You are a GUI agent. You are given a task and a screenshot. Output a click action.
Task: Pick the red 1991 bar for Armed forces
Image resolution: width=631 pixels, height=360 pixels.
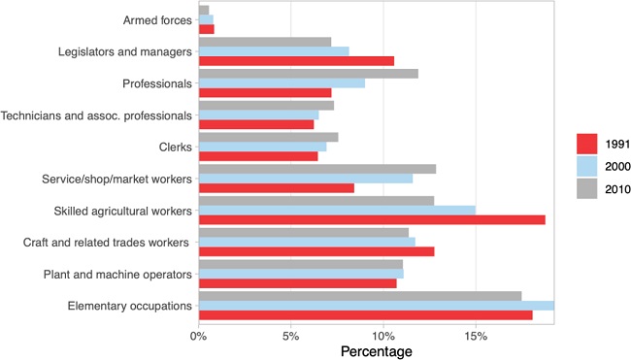click(x=206, y=29)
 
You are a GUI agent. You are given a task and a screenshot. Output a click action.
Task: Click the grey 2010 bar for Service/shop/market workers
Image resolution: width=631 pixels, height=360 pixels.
click(x=316, y=168)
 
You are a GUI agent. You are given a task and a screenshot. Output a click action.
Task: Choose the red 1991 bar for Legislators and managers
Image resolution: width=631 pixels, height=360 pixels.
click(x=296, y=61)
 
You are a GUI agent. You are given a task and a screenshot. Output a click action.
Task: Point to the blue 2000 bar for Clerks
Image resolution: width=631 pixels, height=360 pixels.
click(x=262, y=147)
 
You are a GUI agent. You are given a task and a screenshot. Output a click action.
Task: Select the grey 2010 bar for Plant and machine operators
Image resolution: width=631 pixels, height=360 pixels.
click(x=300, y=263)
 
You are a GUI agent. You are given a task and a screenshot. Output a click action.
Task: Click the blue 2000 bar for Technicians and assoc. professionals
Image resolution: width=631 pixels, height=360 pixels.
click(x=258, y=115)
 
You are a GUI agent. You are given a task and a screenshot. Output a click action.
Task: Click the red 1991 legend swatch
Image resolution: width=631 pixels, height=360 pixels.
click(x=587, y=144)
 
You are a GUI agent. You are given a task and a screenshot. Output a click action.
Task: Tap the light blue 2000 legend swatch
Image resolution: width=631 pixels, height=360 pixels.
click(x=587, y=166)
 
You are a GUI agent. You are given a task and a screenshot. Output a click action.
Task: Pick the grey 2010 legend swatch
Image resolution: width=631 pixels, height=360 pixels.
click(x=587, y=188)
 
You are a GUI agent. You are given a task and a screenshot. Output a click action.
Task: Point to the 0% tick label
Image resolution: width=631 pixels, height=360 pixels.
click(x=198, y=336)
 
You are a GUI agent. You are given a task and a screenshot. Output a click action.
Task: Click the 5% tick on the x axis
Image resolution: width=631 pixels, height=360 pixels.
click(x=290, y=336)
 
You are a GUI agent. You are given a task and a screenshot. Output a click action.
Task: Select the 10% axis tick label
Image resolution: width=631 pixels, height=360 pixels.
click(x=382, y=336)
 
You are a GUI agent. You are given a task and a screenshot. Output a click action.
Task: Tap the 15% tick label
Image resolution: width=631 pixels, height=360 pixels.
click(x=475, y=336)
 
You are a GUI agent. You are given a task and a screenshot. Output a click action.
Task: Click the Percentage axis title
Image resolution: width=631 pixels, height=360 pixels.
click(x=376, y=351)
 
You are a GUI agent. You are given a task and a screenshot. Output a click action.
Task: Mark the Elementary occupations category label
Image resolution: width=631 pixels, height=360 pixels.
click(x=130, y=306)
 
